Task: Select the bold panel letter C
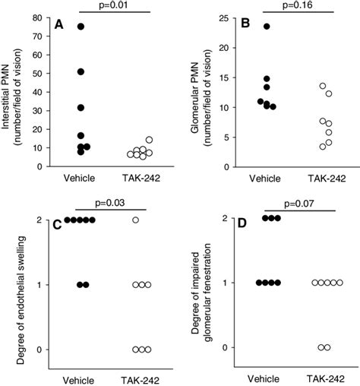tap(60, 225)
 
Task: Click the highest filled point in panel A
tap(81, 27)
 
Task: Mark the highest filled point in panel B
tap(267, 26)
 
